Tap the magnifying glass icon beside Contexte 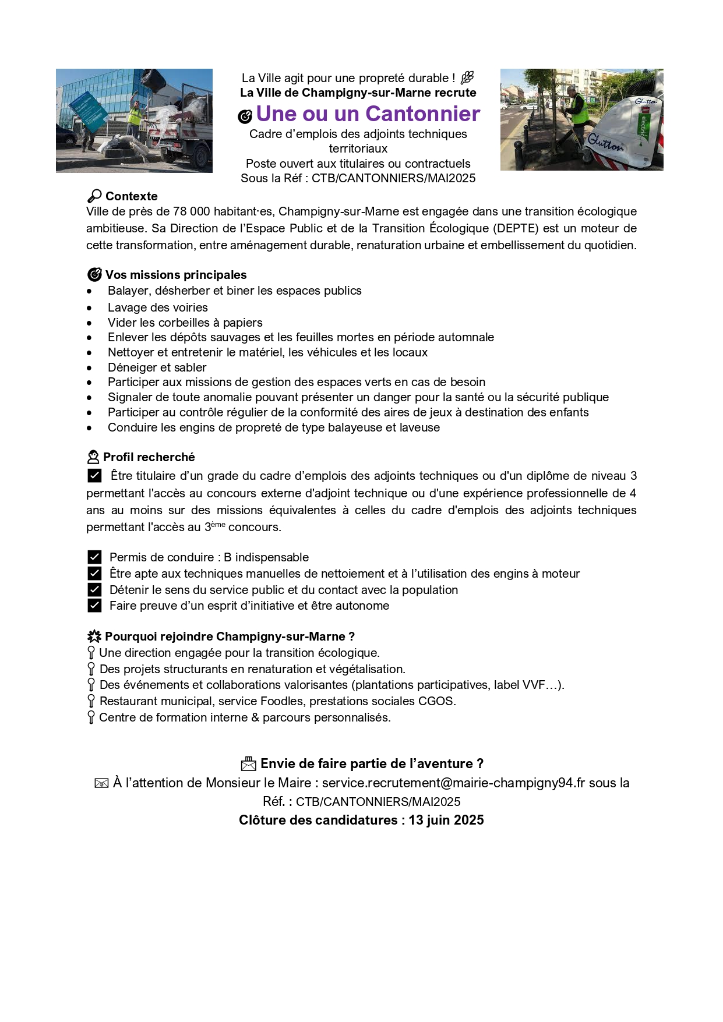[x=94, y=196]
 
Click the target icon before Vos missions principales [x=94, y=275]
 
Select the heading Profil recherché [x=149, y=457]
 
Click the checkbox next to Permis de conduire [x=94, y=557]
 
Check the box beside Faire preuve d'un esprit [x=94, y=606]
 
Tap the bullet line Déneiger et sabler [x=157, y=367]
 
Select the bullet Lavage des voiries [x=157, y=307]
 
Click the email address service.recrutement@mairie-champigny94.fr [x=453, y=783]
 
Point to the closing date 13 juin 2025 [x=446, y=820]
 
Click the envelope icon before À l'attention [x=101, y=784]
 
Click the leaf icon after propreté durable [x=467, y=77]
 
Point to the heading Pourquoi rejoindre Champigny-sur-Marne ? [x=230, y=636]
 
